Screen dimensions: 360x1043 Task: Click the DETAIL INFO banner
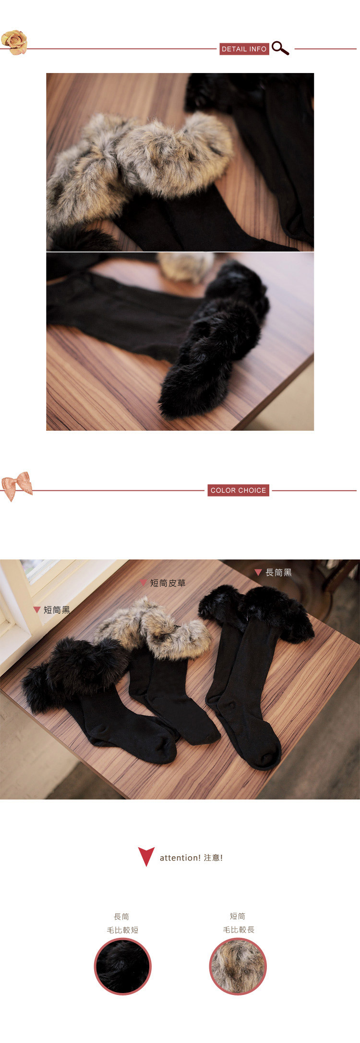pyautogui.click(x=244, y=49)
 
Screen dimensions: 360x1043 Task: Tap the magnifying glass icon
pyautogui.click(x=280, y=48)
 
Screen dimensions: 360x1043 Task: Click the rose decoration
pyautogui.click(x=14, y=42)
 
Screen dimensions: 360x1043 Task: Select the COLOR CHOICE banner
pyautogui.click(x=238, y=490)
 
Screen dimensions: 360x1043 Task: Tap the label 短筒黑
pyautogui.click(x=57, y=610)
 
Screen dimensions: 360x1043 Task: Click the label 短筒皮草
pyautogui.click(x=168, y=583)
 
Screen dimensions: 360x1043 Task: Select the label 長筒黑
pyautogui.click(x=278, y=572)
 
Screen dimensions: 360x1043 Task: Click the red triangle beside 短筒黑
pyautogui.click(x=36, y=610)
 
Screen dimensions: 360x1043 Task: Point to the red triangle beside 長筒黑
pyautogui.click(x=258, y=572)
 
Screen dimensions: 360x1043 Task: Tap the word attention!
pyautogui.click(x=180, y=858)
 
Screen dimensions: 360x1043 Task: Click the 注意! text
pyautogui.click(x=213, y=858)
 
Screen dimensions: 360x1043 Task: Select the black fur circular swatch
pyautogui.click(x=122, y=966)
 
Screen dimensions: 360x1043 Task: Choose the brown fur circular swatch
pyautogui.click(x=238, y=966)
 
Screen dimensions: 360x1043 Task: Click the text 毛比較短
pyautogui.click(x=122, y=930)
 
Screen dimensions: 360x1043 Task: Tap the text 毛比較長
pyautogui.click(x=239, y=930)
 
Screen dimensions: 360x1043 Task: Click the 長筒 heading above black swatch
pyautogui.click(x=122, y=917)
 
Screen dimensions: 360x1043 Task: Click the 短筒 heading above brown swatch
pyautogui.click(x=238, y=916)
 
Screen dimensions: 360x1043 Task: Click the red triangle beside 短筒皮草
pyautogui.click(x=143, y=583)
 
